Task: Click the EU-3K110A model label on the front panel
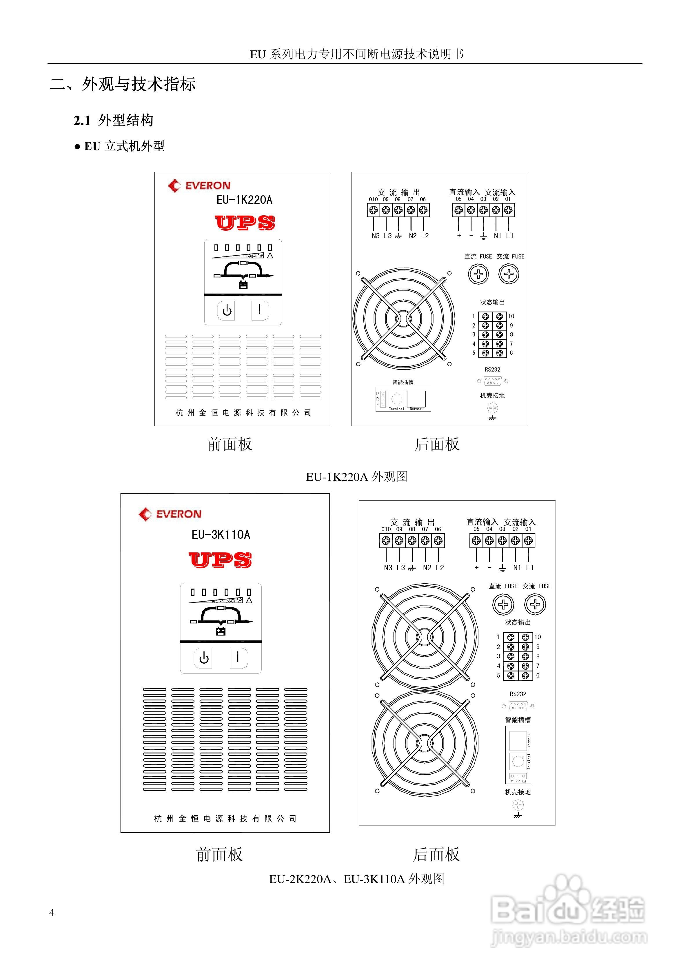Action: tap(221, 534)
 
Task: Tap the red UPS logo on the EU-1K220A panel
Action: tap(245, 223)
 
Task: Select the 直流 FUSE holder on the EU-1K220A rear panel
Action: tap(478, 274)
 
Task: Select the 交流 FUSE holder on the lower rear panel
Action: tap(535, 604)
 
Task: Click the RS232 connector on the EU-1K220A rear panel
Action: tap(492, 381)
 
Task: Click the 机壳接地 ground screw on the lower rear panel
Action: tap(518, 805)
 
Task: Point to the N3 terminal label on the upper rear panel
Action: tap(375, 236)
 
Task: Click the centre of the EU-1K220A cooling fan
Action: tap(403, 318)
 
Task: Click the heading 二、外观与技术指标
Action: tap(123, 84)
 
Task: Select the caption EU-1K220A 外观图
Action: tap(356, 476)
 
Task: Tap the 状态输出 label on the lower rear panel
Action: tap(518, 622)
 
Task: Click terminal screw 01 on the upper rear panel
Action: tap(509, 210)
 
